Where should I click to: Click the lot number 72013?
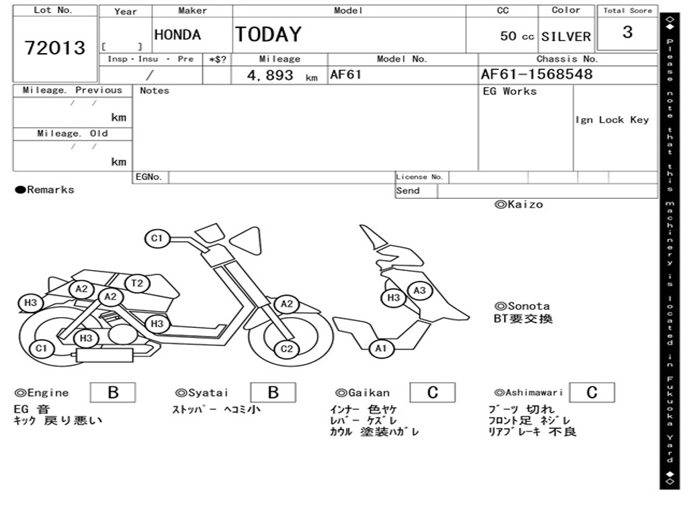click(x=55, y=48)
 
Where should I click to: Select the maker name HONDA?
click(x=177, y=35)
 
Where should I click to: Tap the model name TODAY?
click(x=268, y=34)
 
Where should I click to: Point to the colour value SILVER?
click(x=566, y=37)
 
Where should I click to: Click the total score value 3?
click(x=627, y=32)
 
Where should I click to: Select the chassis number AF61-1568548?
click(x=536, y=75)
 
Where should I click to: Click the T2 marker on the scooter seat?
click(x=137, y=284)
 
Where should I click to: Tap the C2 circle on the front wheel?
click(x=287, y=349)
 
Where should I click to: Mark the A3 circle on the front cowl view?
click(x=419, y=290)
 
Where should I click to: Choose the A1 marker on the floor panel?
click(x=381, y=348)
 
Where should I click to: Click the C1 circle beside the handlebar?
click(x=157, y=238)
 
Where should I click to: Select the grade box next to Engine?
click(x=113, y=392)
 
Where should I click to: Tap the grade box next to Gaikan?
click(x=432, y=392)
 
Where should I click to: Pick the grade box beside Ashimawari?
click(x=591, y=392)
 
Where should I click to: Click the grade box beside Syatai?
click(x=273, y=392)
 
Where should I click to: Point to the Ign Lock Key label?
click(x=611, y=120)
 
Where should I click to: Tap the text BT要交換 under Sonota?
click(x=523, y=319)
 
